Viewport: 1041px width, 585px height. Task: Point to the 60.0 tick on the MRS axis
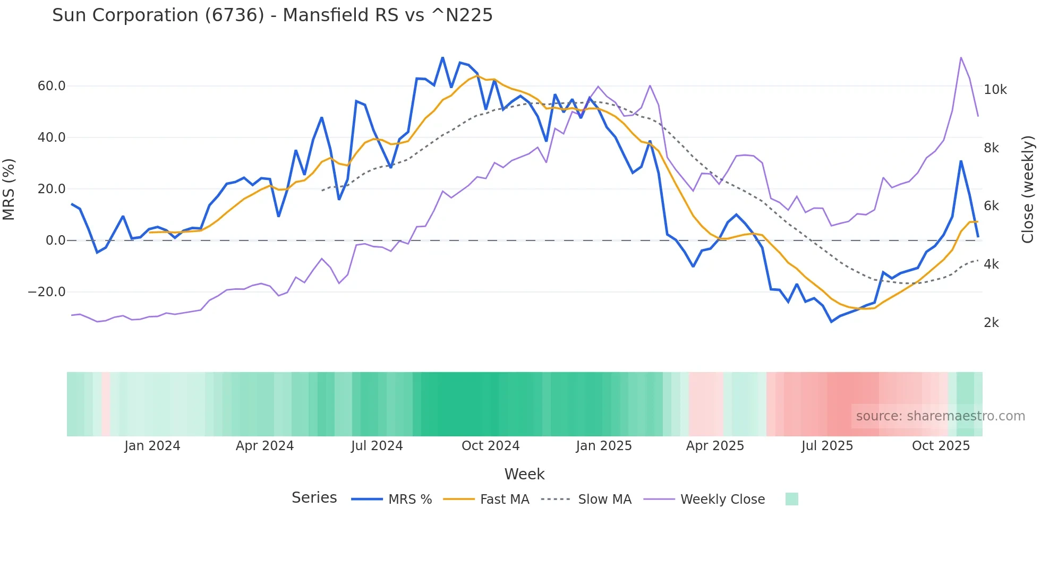point(52,86)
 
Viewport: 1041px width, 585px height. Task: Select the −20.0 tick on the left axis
point(47,292)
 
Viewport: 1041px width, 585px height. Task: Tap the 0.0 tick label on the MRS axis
point(55,240)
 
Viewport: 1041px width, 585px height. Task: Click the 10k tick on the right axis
point(995,90)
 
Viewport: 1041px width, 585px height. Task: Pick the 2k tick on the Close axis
point(991,323)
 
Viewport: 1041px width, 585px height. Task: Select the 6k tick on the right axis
point(991,206)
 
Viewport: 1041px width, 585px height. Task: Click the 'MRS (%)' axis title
point(9,189)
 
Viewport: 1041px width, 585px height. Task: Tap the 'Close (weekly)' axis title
point(1028,189)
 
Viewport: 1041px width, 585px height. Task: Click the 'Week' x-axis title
point(524,474)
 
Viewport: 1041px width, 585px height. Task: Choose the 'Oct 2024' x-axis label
point(490,446)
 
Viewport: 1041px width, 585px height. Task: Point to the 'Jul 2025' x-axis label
point(827,446)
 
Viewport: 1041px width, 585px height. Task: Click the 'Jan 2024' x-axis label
point(152,446)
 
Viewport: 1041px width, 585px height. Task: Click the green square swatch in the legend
point(791,499)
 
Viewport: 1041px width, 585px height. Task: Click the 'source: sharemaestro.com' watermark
point(940,416)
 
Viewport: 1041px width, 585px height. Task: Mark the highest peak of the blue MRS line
point(442,58)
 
